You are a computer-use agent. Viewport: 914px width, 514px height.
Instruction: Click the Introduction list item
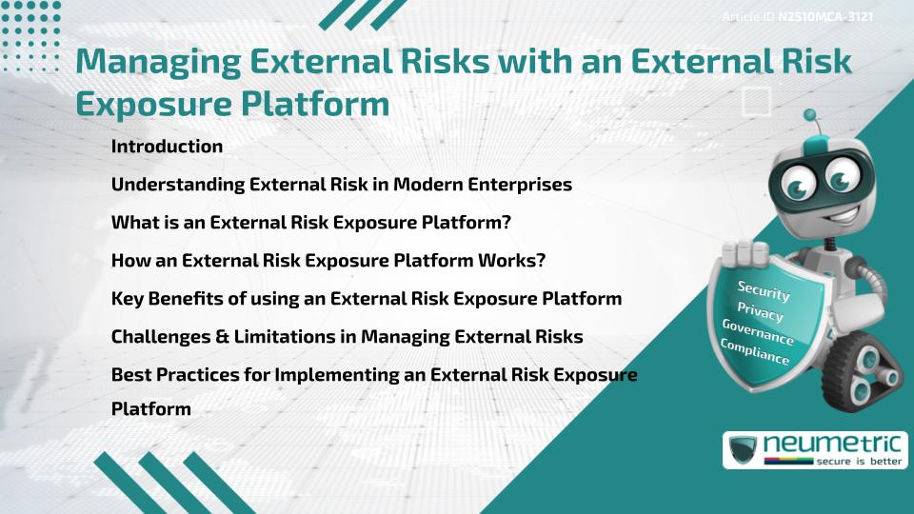(167, 147)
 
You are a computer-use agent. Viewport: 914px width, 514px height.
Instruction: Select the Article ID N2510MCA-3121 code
(825, 17)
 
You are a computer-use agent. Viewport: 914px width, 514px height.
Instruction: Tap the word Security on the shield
(764, 290)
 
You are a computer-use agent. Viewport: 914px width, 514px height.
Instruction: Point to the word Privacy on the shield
(760, 312)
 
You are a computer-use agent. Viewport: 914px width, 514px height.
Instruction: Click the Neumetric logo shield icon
(744, 450)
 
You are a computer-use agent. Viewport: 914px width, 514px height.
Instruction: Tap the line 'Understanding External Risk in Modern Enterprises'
(341, 185)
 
